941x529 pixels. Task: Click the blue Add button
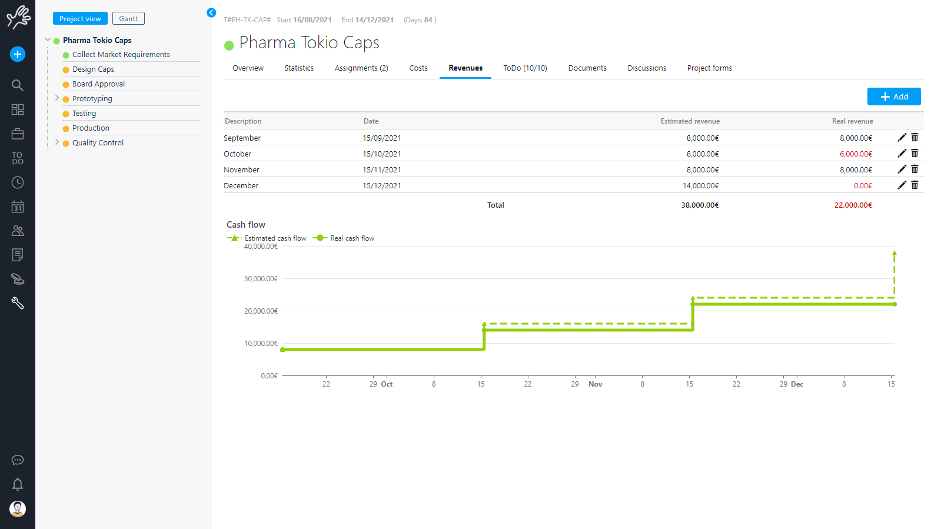coord(893,97)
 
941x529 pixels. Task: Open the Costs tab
coord(418,68)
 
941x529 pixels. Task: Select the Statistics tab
coord(299,68)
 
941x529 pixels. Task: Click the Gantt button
coord(128,19)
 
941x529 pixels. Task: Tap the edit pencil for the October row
coord(902,154)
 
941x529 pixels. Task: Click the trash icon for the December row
coord(915,185)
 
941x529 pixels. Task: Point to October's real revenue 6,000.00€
coord(856,154)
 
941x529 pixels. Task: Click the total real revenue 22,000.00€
coord(853,205)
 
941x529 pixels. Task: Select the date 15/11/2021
coord(382,170)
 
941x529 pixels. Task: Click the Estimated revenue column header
coord(690,121)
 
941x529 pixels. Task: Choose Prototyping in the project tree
coord(92,99)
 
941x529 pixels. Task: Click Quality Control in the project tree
coord(98,143)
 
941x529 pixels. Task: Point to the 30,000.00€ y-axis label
coord(261,279)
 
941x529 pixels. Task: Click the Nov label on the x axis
coord(595,384)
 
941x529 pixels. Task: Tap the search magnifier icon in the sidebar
coord(18,85)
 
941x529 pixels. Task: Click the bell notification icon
coord(18,484)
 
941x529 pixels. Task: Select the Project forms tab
coord(709,68)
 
